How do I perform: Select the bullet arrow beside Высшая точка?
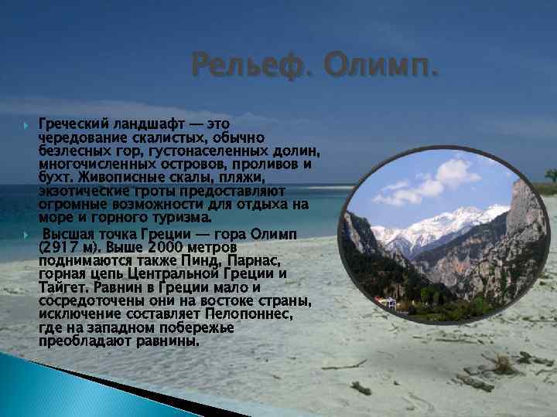(x=26, y=233)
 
